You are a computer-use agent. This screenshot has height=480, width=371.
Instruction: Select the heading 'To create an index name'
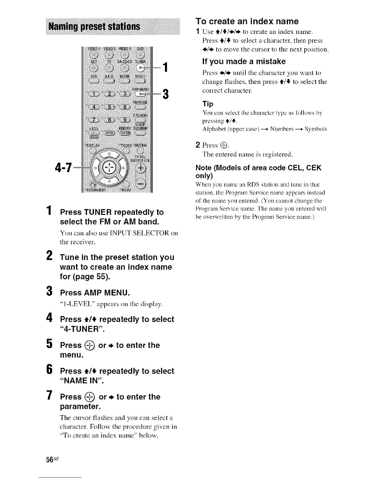pyautogui.click(x=247, y=21)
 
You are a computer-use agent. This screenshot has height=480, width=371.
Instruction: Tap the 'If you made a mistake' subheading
pyautogui.click(x=244, y=62)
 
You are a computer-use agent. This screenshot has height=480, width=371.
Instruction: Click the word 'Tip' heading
pyautogui.click(x=208, y=104)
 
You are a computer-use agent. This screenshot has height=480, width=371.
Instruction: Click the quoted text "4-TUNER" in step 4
pyautogui.click(x=82, y=329)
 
